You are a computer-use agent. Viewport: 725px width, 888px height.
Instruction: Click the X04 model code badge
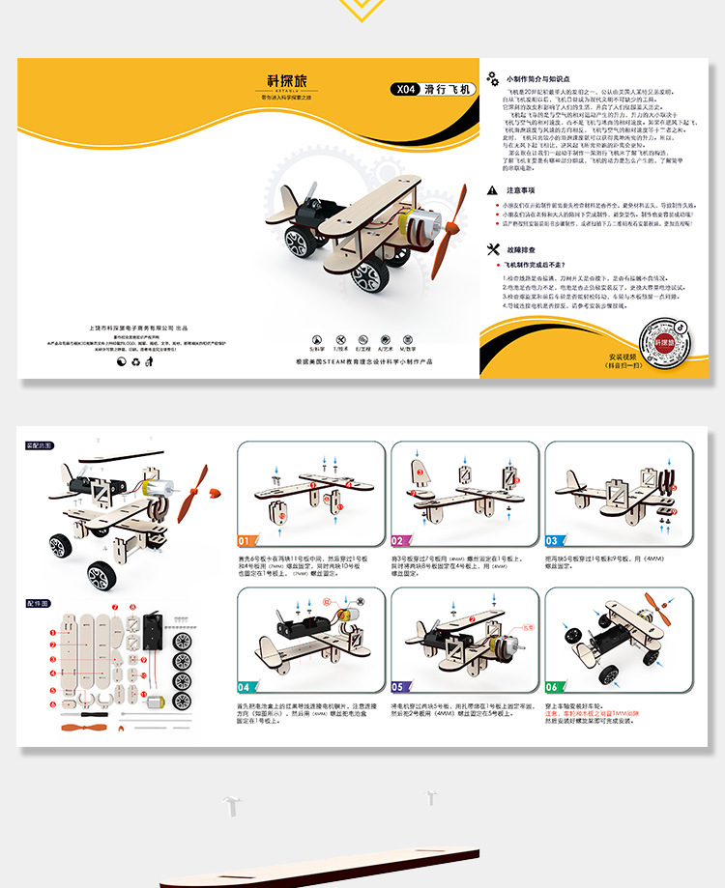(x=404, y=90)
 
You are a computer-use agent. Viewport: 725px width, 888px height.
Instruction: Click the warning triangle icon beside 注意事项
(x=493, y=190)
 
